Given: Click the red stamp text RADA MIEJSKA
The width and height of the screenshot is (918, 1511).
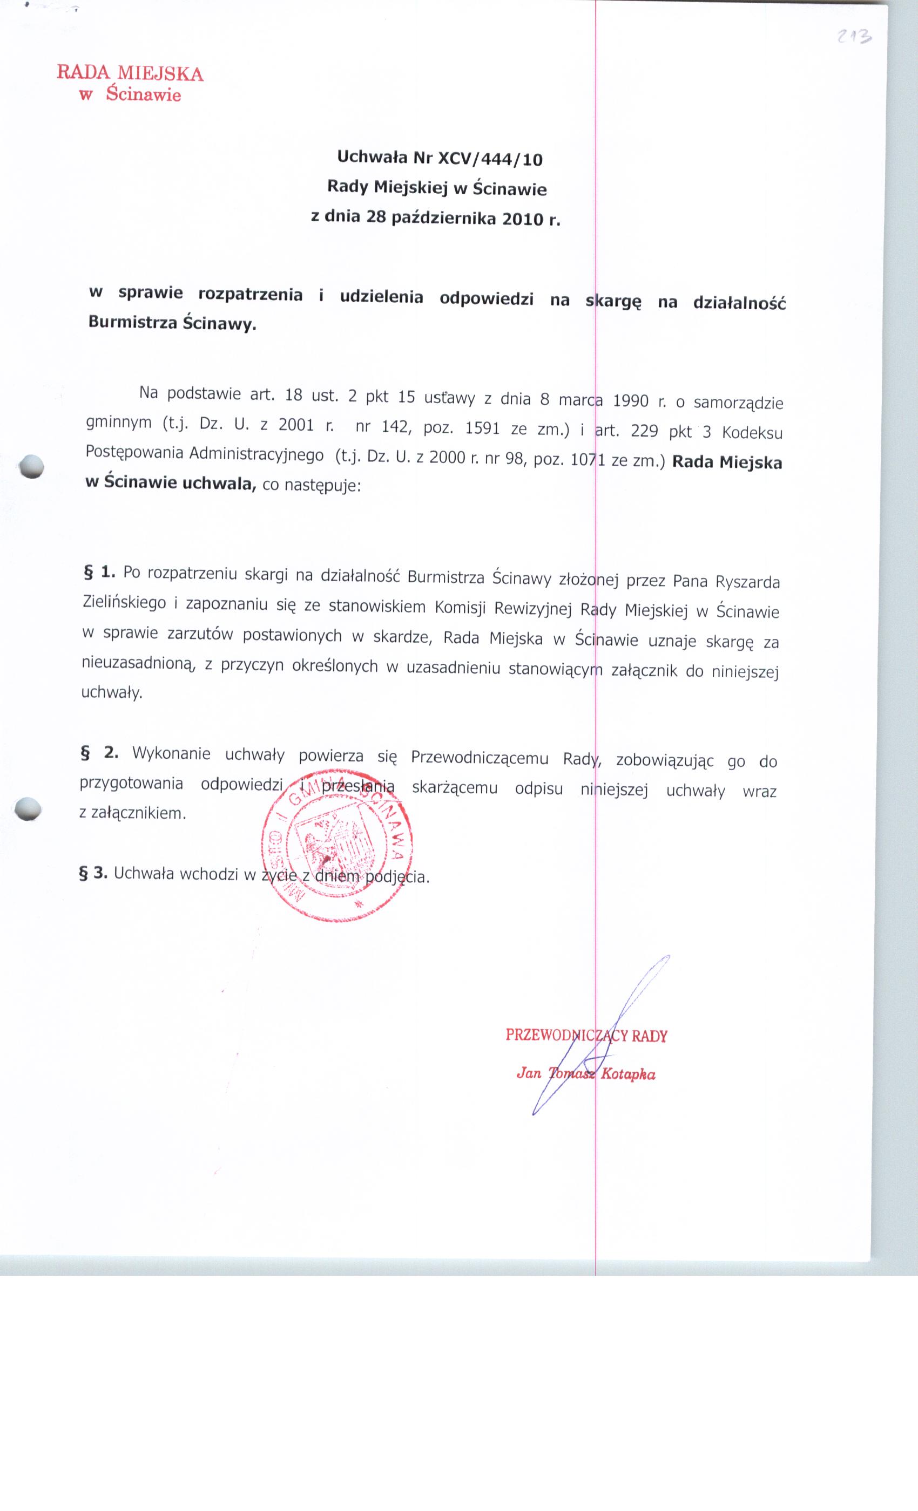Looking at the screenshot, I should pyautogui.click(x=130, y=73).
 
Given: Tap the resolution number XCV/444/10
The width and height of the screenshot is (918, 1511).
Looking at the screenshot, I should pyautogui.click(x=490, y=160).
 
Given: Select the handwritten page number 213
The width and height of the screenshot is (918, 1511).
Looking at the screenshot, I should pyautogui.click(x=854, y=37).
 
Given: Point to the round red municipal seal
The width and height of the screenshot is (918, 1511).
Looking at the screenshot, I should pyautogui.click(x=337, y=845).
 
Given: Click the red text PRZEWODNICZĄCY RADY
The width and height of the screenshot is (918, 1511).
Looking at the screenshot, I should pyautogui.click(x=586, y=1036).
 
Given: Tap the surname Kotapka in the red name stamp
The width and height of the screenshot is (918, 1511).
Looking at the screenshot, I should pyautogui.click(x=629, y=1074).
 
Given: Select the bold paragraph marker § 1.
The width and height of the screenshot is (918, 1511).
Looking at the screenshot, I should pyautogui.click(x=99, y=571).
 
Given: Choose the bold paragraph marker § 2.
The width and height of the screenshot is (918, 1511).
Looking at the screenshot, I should pyautogui.click(x=99, y=752).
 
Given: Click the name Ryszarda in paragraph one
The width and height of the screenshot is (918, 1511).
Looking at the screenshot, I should pyautogui.click(x=744, y=581).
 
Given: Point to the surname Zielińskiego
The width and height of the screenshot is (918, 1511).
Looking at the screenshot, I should pyautogui.click(x=125, y=603).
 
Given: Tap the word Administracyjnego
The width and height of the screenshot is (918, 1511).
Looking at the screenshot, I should pyautogui.click(x=256, y=454).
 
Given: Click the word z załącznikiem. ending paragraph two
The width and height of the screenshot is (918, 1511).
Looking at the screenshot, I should pyautogui.click(x=132, y=813).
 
